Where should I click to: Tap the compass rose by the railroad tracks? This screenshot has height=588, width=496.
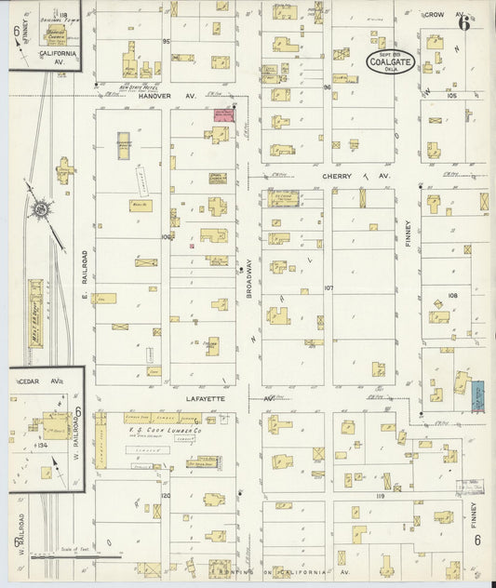(x=41, y=211)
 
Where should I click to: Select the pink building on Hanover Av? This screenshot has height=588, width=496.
(x=222, y=114)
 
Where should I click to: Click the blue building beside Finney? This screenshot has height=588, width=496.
(x=477, y=394)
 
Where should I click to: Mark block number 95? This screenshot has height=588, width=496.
(x=167, y=42)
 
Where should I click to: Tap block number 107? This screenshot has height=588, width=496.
(x=328, y=287)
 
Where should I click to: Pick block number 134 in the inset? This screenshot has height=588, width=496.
(x=39, y=445)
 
